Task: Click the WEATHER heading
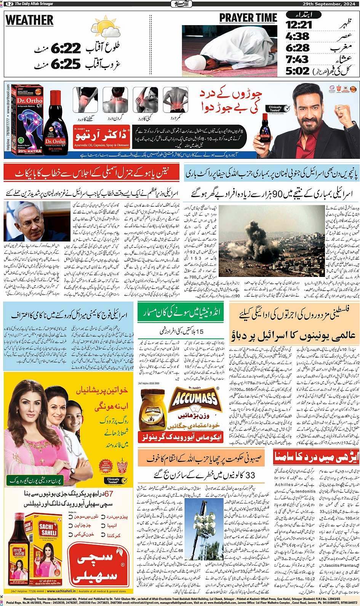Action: tap(30, 20)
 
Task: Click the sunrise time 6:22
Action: tap(66, 48)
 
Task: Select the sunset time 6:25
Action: tap(66, 64)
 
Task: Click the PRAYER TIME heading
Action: tap(248, 18)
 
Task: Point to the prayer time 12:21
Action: tap(299, 25)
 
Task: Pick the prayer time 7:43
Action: tap(297, 59)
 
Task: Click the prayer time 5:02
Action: tap(298, 71)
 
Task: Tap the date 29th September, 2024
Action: tap(329, 4)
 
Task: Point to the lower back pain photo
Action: tap(175, 100)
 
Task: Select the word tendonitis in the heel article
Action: tap(306, 491)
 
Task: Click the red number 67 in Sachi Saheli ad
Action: tap(109, 494)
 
